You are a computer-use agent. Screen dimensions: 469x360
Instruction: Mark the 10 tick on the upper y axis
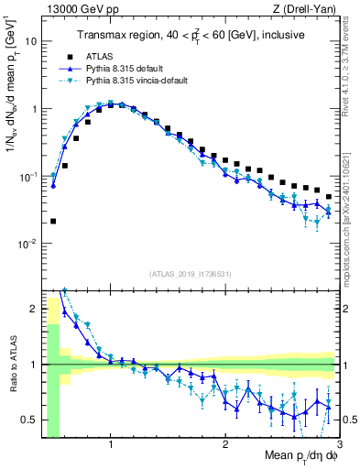point(32,41)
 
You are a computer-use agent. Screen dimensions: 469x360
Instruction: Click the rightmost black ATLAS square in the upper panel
point(329,197)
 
